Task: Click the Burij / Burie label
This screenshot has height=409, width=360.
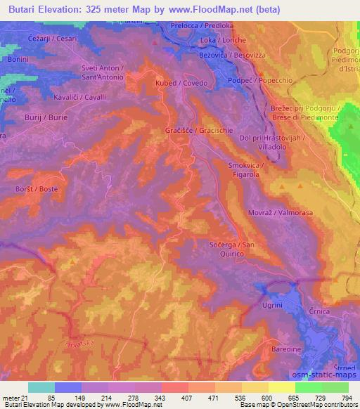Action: pos(46,117)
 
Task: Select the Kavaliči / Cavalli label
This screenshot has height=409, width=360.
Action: pos(79,97)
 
